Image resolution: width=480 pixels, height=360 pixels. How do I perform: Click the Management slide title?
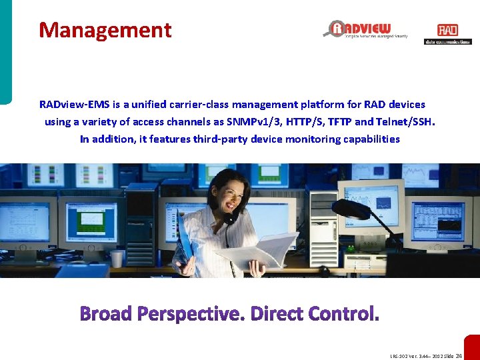pyautogui.click(x=105, y=30)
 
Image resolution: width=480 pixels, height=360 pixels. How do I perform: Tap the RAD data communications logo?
pyautogui.click(x=447, y=34)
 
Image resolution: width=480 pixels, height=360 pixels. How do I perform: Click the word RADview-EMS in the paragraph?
pyautogui.click(x=69, y=105)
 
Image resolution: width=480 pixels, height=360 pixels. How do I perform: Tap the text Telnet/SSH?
pyautogui.click(x=407, y=122)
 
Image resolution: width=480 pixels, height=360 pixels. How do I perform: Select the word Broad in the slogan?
pyautogui.click(x=107, y=313)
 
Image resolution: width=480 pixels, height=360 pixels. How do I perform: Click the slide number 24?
pyautogui.click(x=459, y=356)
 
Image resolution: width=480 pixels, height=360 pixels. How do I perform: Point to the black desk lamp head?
pyautogui.click(x=351, y=209)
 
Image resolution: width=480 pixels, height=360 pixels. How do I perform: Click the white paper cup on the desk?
pyautogui.click(x=117, y=258)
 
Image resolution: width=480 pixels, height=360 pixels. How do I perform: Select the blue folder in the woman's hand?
pyautogui.click(x=185, y=243)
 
